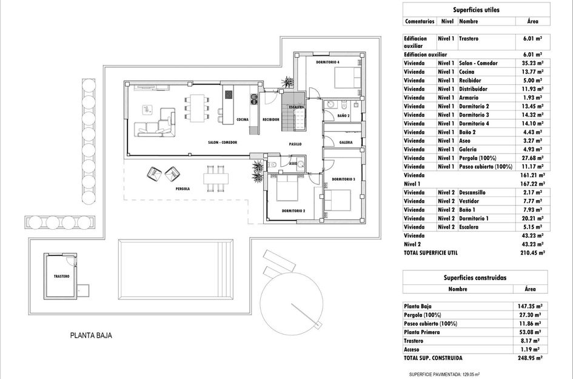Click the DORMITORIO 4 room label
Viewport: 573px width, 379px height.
tap(328, 62)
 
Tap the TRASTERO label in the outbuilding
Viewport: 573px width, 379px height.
tap(61, 276)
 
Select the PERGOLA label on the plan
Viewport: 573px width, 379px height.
tap(183, 189)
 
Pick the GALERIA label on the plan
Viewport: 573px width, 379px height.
tap(346, 143)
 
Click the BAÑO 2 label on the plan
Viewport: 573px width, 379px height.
tap(343, 115)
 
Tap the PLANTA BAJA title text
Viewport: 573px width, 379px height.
tap(92, 335)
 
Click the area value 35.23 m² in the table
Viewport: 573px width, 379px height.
tap(532, 63)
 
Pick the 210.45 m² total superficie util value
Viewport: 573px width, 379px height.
tap(532, 252)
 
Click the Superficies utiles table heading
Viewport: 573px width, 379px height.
tap(476, 10)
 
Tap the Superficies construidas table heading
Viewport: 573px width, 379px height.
tap(475, 278)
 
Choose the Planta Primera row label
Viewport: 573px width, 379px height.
tap(424, 332)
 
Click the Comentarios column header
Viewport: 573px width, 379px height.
tap(420, 21)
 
